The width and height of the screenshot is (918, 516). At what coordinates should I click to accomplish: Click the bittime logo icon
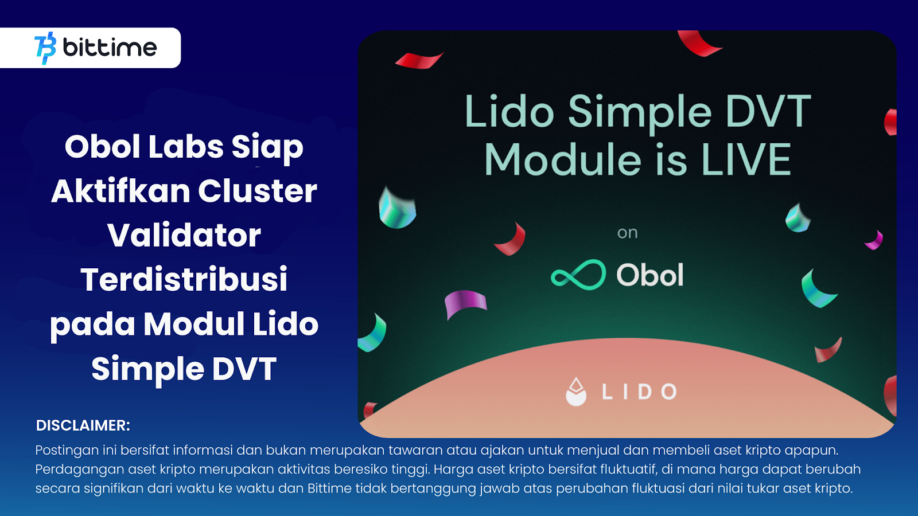[45, 48]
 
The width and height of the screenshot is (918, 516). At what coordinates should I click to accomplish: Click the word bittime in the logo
[110, 48]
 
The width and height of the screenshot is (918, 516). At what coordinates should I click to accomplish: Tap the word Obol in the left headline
[102, 147]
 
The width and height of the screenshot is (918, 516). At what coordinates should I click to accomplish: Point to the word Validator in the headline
[184, 235]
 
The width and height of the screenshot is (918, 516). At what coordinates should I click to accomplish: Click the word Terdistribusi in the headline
[184, 279]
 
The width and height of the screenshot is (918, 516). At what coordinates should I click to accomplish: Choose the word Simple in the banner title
[640, 112]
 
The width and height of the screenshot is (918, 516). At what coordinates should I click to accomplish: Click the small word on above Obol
[627, 233]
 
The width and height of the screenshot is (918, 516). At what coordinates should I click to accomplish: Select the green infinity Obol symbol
[578, 275]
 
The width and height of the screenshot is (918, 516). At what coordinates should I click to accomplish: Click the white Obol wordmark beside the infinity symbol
[650, 275]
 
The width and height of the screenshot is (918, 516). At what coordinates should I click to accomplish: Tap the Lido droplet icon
[576, 392]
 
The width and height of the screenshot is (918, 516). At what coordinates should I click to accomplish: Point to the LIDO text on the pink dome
[639, 392]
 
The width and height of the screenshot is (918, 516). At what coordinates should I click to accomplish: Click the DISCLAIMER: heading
[83, 425]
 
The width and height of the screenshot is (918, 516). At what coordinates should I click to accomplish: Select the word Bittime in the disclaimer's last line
[329, 488]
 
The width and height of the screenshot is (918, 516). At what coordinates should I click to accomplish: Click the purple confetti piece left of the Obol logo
[465, 303]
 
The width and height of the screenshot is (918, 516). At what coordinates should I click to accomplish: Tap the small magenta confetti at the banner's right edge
[874, 240]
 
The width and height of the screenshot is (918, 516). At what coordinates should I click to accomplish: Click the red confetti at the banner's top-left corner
[419, 60]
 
